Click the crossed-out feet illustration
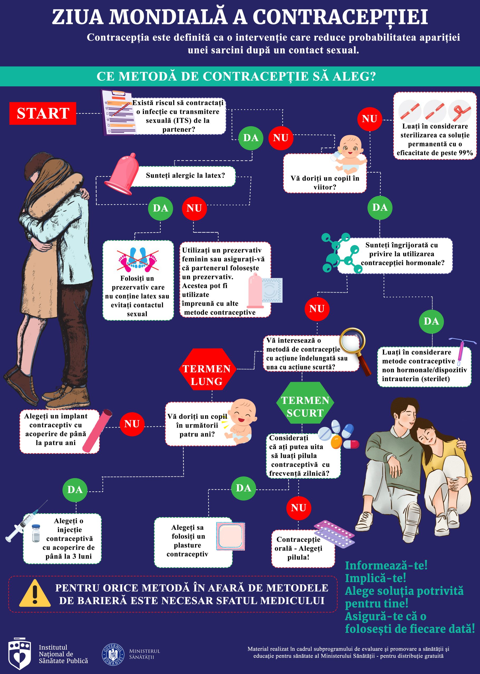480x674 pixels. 138,259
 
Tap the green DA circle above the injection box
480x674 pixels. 75,489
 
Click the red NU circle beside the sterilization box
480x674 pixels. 370,119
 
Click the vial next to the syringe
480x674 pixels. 36,533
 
